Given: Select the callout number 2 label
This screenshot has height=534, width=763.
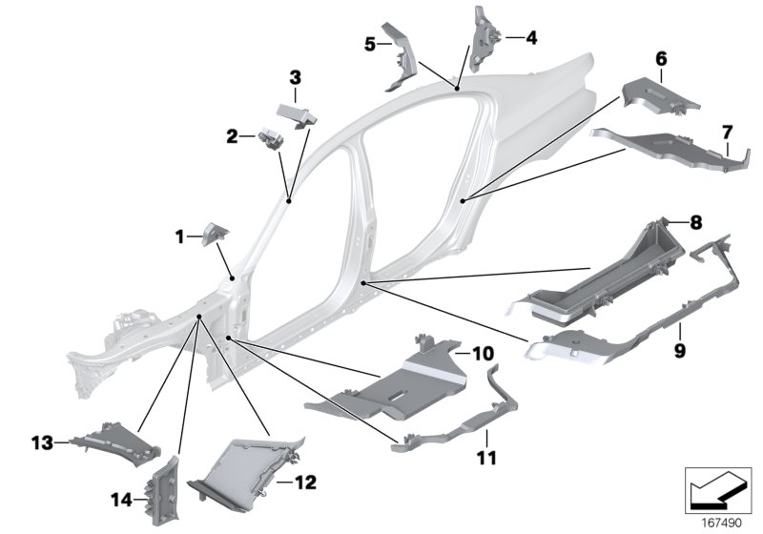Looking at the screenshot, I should coord(232,136).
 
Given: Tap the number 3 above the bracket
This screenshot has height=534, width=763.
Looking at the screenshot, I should coord(295,76).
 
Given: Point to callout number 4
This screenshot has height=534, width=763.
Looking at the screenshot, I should coord(531,38).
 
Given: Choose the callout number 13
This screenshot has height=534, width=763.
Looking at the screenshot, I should coord(40,441).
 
